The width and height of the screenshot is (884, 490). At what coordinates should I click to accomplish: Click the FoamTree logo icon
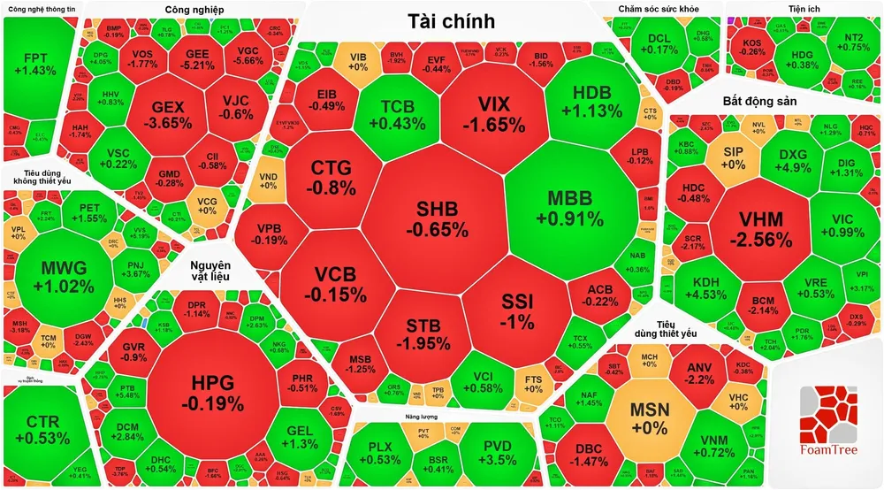pyautogui.click(x=827, y=415)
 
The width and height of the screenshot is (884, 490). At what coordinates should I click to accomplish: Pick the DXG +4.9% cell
pyautogui.click(x=794, y=161)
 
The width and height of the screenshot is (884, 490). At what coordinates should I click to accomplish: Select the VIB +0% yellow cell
pyautogui.click(x=358, y=62)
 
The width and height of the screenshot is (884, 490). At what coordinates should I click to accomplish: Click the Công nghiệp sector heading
pyautogui.click(x=194, y=10)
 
